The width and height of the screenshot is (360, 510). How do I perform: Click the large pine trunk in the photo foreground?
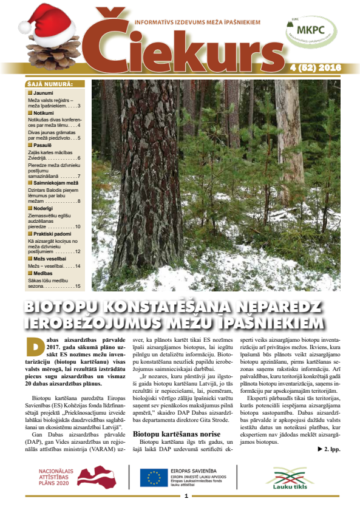138,182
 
